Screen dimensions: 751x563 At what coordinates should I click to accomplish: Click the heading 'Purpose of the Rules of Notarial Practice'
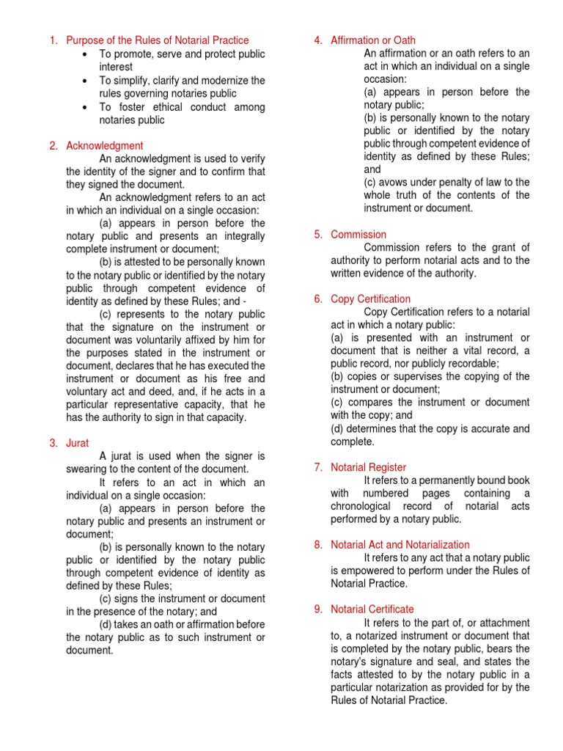coord(157,40)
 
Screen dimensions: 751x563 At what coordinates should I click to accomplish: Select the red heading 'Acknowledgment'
coord(105,146)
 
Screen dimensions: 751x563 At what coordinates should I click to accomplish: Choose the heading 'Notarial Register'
coord(368,467)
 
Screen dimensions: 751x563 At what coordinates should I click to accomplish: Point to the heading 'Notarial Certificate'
coord(372,609)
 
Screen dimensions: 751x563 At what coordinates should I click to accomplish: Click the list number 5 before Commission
coord(318,235)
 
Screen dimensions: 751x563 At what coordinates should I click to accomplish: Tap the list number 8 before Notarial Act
coord(318,545)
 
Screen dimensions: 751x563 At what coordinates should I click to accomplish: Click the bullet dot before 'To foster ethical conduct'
coord(87,107)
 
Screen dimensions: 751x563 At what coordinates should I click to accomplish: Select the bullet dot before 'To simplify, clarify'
coord(87,81)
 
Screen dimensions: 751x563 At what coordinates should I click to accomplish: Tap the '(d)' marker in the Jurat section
coord(107,625)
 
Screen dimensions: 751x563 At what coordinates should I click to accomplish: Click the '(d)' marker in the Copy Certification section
coord(338,429)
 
